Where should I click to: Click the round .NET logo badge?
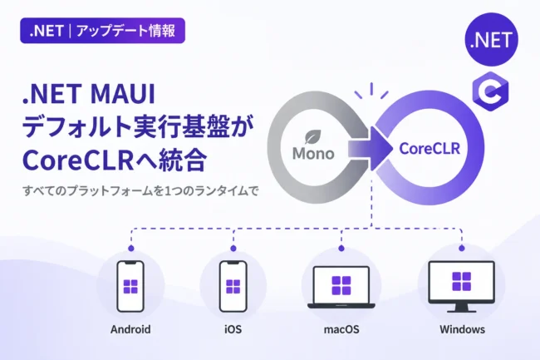492,39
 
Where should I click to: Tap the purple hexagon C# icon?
490,91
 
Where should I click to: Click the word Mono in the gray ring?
313,153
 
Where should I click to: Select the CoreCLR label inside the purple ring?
430,149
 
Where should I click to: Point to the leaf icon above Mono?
313,136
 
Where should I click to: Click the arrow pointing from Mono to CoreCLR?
370,149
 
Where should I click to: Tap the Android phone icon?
130,286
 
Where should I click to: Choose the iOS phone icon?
233,286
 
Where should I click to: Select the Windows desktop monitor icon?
461,287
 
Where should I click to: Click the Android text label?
130,329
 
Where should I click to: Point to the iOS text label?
233,329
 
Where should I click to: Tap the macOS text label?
341,329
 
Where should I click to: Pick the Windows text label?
462,329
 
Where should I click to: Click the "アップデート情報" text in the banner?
126,31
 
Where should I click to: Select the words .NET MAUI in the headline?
89,94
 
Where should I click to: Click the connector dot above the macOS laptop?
341,248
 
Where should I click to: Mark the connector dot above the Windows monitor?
462,248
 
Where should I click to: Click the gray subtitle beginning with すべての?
140,191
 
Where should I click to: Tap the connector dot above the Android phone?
131,248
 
